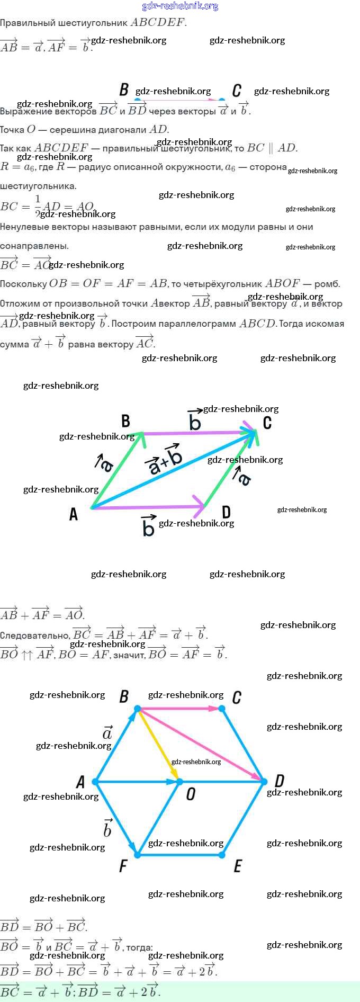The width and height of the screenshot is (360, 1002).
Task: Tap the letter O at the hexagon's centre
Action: [x=191, y=793]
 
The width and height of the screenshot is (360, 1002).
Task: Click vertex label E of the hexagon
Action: [x=238, y=866]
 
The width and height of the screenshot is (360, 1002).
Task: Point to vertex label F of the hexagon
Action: [x=123, y=866]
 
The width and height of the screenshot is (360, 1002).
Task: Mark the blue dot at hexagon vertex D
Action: [x=264, y=782]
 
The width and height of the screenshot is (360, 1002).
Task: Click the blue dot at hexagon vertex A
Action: [x=95, y=782]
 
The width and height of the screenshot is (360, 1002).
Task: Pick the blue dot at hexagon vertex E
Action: [x=222, y=855]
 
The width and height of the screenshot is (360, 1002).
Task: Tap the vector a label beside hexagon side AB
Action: [x=107, y=732]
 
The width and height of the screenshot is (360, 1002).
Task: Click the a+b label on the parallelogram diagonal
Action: [x=165, y=460]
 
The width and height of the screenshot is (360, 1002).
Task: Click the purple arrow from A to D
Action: [x=148, y=507]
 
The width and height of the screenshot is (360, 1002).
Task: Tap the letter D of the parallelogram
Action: [x=226, y=512]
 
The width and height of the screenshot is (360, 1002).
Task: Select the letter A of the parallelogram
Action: [x=74, y=514]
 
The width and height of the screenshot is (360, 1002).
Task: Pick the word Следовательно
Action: [x=35, y=635]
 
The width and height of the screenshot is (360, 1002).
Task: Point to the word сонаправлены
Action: [x=34, y=246]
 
